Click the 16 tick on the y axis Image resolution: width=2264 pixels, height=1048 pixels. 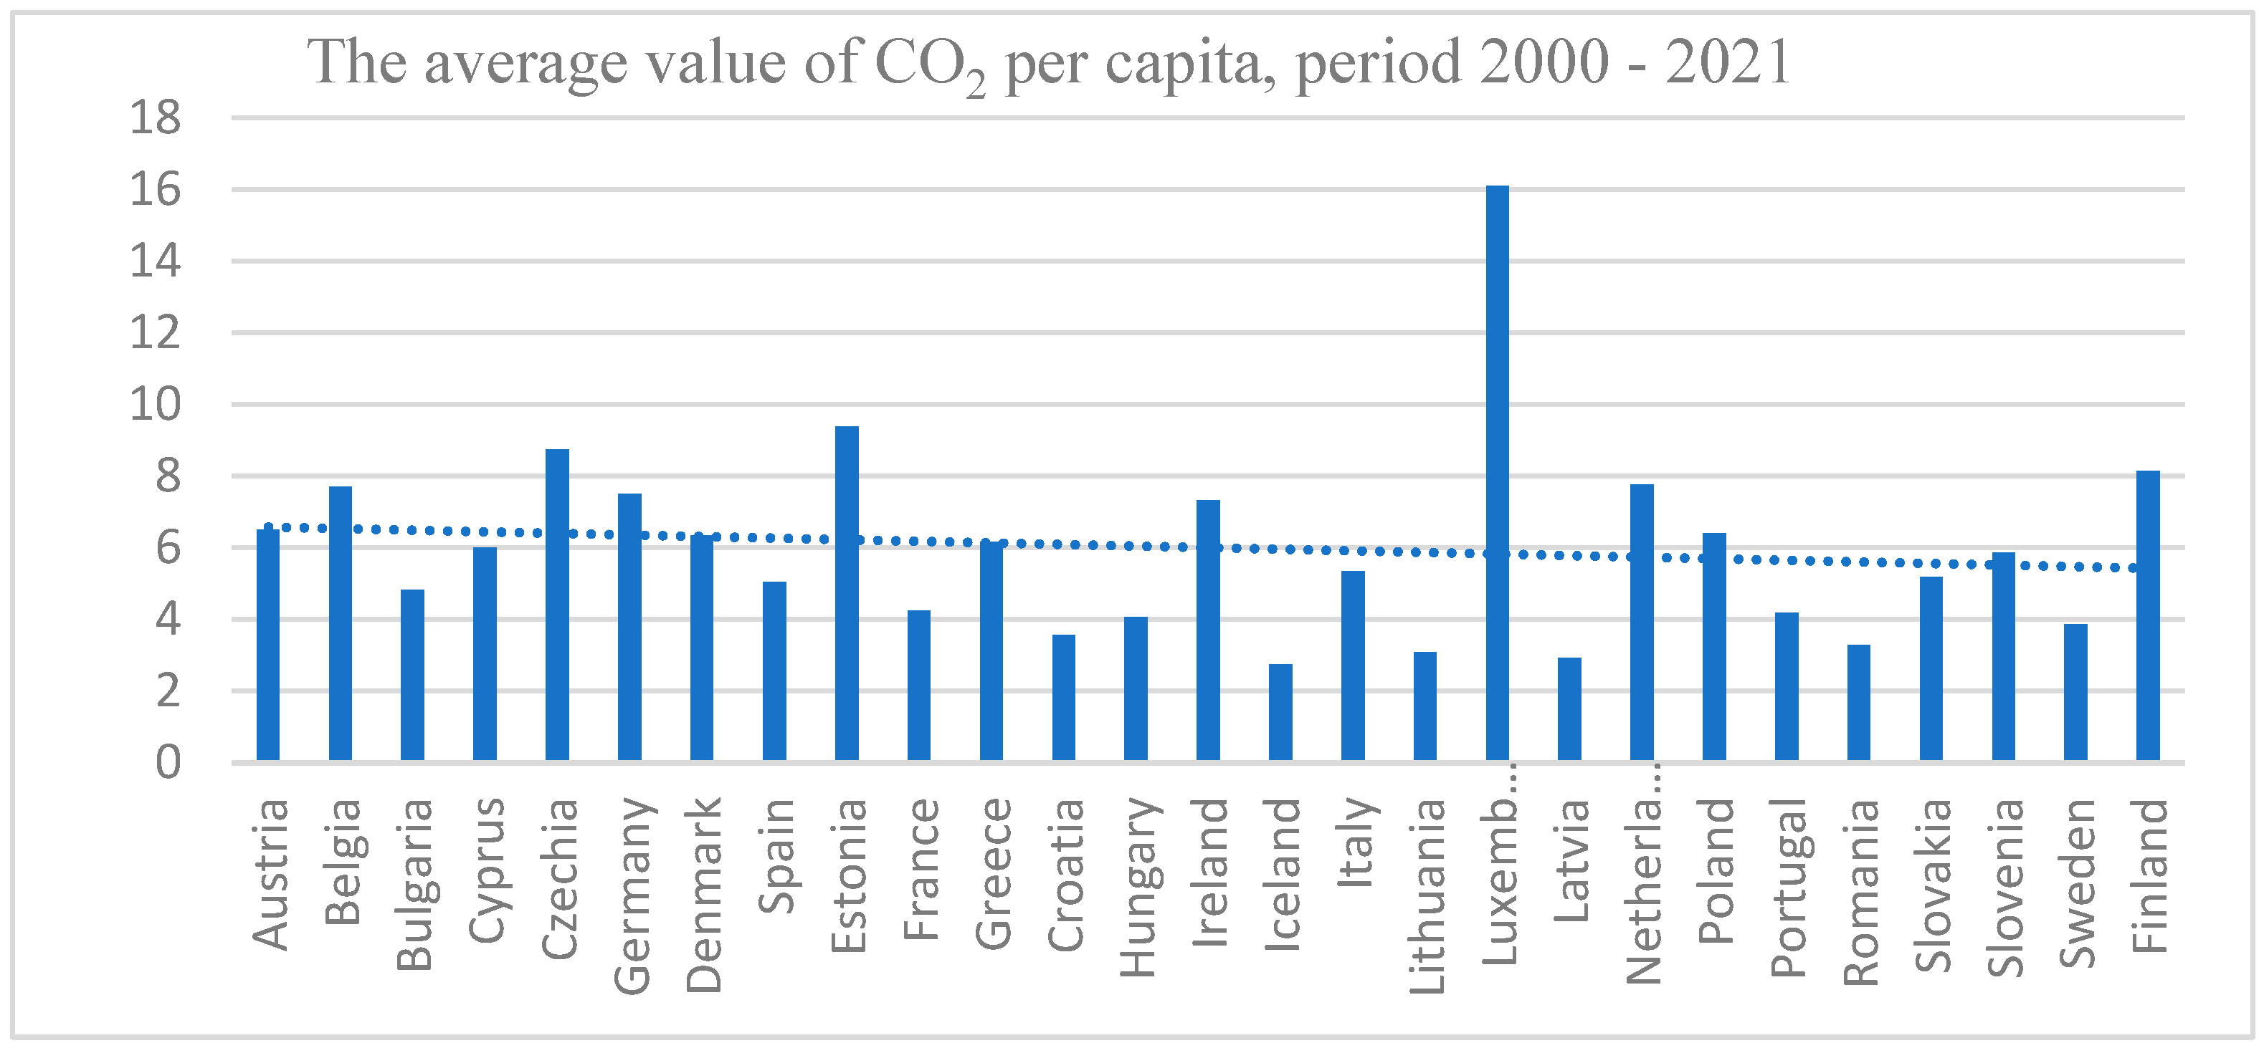[x=156, y=190]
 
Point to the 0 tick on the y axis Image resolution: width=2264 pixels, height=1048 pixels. [x=168, y=762]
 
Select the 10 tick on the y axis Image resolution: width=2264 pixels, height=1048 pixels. [x=156, y=405]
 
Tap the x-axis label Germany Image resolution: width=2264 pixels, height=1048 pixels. [x=632, y=895]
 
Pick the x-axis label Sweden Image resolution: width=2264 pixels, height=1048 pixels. [x=2077, y=883]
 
